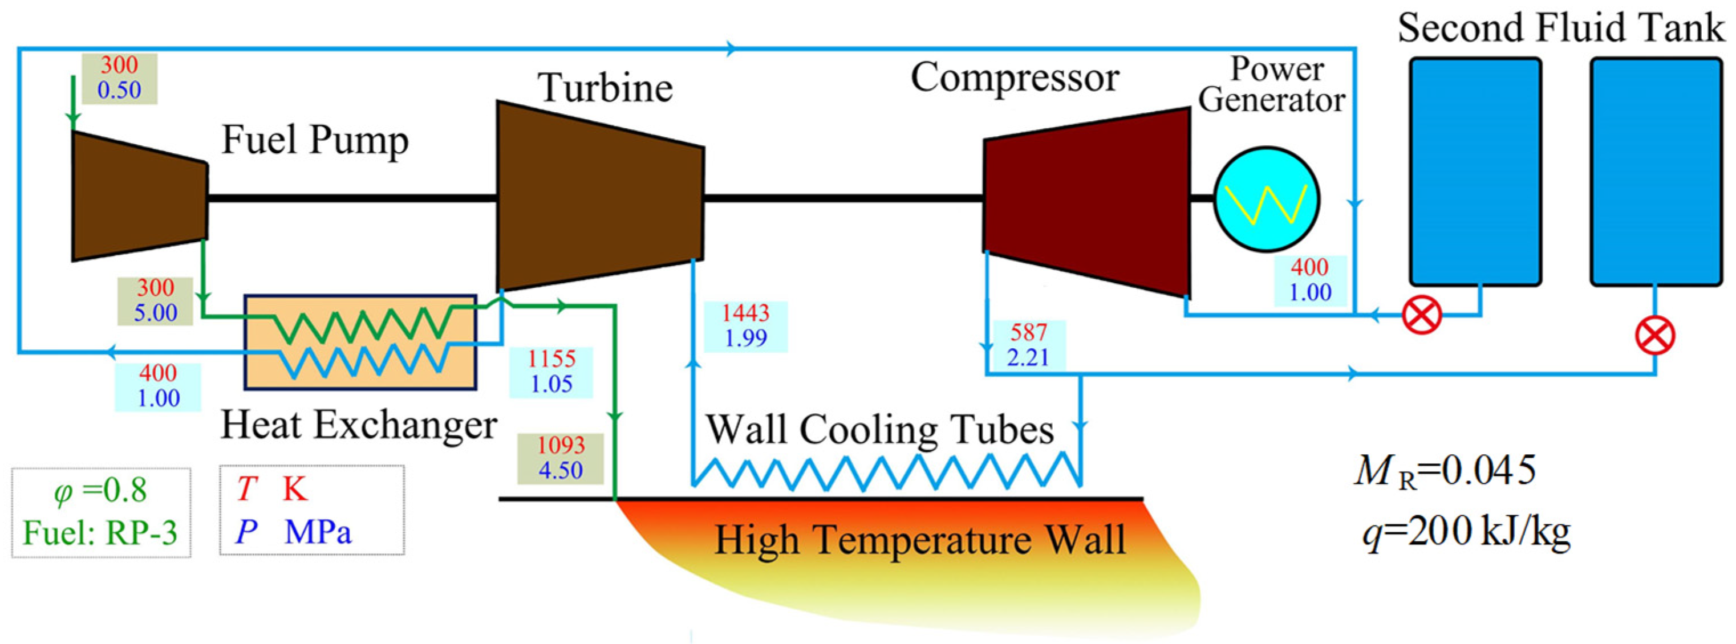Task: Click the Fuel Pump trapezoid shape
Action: [139, 196]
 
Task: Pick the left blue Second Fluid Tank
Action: [1475, 172]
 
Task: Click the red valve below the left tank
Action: [1421, 315]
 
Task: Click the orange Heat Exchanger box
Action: [360, 342]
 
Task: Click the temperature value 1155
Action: [551, 359]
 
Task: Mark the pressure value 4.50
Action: [561, 470]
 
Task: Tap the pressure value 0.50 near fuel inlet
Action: [119, 90]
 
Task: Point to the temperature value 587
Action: [1028, 332]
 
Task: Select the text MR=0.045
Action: [1445, 471]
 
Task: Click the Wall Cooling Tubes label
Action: [879, 429]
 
